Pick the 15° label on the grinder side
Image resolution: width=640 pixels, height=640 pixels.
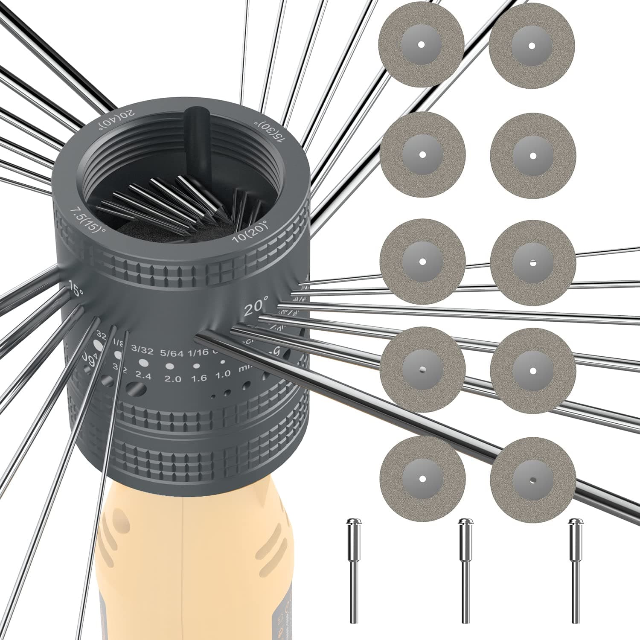pos(76,290)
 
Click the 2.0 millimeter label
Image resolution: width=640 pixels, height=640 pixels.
pos(173,378)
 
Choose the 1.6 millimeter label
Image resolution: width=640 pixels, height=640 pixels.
pos(199,378)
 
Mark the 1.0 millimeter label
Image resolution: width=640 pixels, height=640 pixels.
pos(223,374)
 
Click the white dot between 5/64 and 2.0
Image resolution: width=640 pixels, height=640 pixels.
pos(170,366)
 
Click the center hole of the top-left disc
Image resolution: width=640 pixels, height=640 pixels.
pos(421,44)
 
